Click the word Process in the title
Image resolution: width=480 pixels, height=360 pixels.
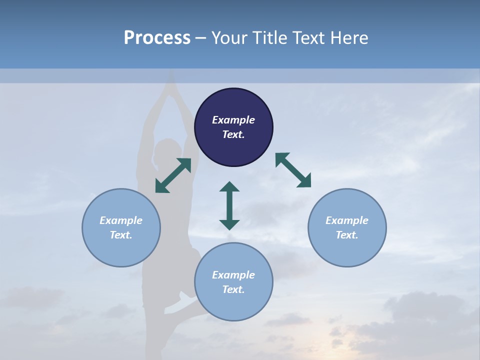[x=157, y=38]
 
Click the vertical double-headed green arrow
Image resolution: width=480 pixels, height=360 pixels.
[x=229, y=205]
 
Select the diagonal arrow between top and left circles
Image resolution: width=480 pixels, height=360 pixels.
[x=173, y=175]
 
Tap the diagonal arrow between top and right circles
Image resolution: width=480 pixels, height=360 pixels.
[x=293, y=170]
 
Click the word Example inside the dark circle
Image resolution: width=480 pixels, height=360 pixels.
[x=233, y=120]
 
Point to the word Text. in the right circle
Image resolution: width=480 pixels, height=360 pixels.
[x=347, y=235]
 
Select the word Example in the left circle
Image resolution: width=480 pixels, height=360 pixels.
[x=121, y=220]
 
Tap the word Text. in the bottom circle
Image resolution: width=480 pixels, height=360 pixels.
[x=233, y=289]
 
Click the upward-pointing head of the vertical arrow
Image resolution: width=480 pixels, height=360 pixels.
[x=229, y=187]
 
